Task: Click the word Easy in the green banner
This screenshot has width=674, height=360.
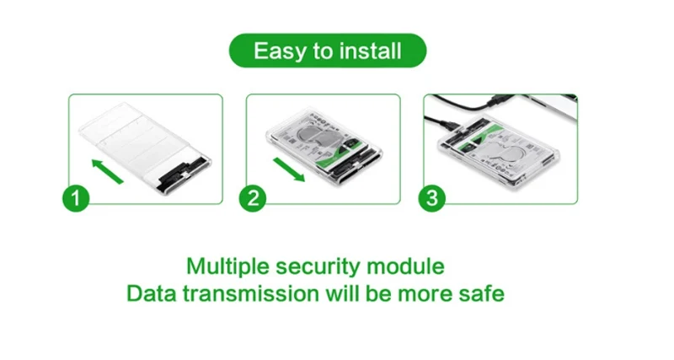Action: pyautogui.click(x=281, y=51)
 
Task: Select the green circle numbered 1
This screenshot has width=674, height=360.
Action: pyautogui.click(x=76, y=198)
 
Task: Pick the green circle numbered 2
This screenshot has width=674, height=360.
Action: pyautogui.click(x=253, y=198)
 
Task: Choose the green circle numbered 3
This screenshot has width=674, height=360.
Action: pyautogui.click(x=432, y=198)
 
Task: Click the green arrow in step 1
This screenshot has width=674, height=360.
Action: pyautogui.click(x=108, y=171)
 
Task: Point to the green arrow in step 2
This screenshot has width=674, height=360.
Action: pyautogui.click(x=289, y=169)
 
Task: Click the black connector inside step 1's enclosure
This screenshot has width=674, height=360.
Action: pyautogui.click(x=183, y=175)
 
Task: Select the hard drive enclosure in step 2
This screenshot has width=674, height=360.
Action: pyautogui.click(x=324, y=146)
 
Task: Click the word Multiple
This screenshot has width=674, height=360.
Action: pyautogui.click(x=227, y=266)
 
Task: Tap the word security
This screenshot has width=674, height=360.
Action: pyautogui.click(x=318, y=267)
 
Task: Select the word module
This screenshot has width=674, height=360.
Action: pyautogui.click(x=405, y=266)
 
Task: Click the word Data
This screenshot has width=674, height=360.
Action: pyautogui.click(x=152, y=293)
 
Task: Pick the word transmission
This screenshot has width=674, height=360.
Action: pyautogui.click(x=250, y=293)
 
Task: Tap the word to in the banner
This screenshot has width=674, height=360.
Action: pyautogui.click(x=324, y=51)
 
